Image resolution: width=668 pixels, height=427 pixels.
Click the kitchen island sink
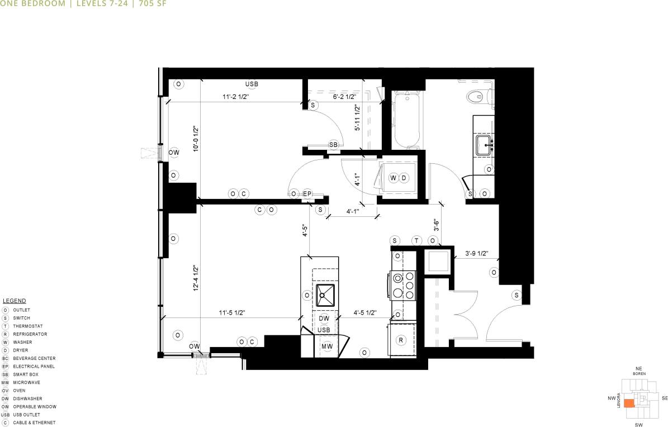[325, 295]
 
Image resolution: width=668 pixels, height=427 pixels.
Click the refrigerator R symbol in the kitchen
[401, 340]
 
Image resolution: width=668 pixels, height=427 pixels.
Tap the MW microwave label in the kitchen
[326, 347]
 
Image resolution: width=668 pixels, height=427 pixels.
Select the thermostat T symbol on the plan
[416, 240]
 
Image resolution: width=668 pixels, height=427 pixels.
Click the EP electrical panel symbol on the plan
[307, 194]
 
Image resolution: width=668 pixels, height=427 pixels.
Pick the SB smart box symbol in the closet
[333, 145]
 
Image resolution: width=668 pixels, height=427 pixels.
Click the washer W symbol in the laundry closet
[393, 178]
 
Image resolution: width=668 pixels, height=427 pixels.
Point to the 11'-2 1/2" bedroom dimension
[235, 96]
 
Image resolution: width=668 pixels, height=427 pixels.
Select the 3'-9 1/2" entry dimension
[477, 253]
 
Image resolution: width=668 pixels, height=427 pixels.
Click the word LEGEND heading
[15, 301]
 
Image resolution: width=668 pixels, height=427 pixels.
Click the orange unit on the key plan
[629, 402]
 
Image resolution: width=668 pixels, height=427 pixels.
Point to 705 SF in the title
[152, 3]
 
